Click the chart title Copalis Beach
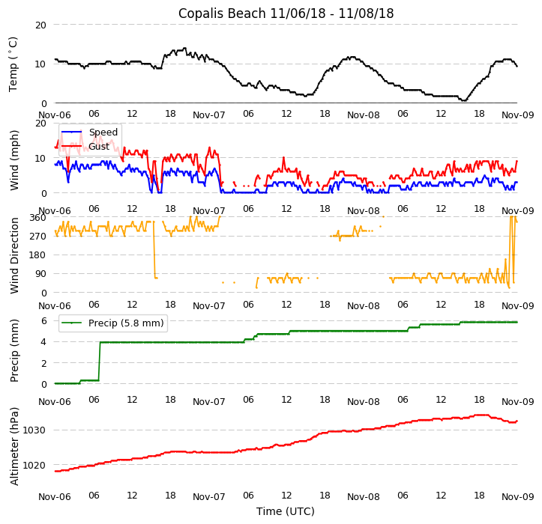[286, 13]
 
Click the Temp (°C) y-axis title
[13, 64]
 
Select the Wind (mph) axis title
[13, 159]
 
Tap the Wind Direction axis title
[13, 255]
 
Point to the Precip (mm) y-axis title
[13, 350]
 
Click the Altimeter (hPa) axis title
[13, 446]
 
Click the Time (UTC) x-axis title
[286, 511]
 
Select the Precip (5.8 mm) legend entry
[120, 323]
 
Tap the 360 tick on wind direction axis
[37, 217]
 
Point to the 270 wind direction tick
[37, 236]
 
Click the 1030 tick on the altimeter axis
[34, 430]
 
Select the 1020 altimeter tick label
[34, 465]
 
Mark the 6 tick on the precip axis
[43, 320]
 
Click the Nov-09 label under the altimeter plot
[517, 496]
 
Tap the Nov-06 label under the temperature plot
[55, 115]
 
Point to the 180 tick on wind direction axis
[37, 255]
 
